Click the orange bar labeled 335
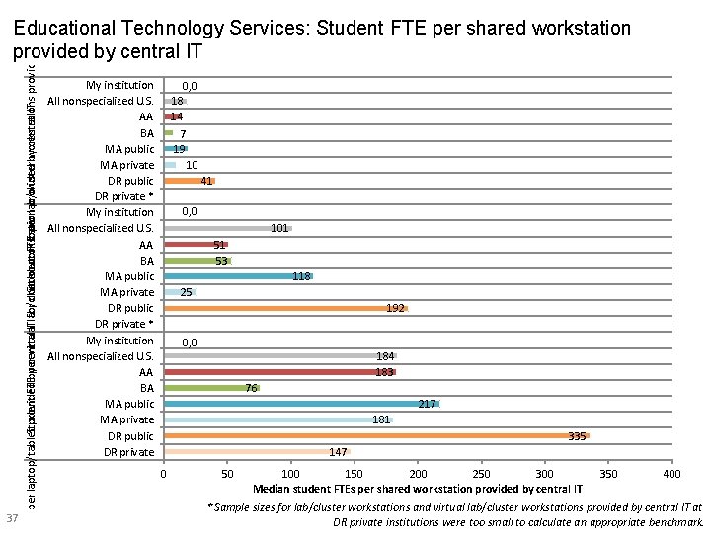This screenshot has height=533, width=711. [375, 435]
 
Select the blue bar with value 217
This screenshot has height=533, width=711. [301, 404]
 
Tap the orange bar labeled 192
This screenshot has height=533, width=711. [285, 308]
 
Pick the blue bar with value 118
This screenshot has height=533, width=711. [238, 276]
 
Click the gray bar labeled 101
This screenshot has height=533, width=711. [227, 228]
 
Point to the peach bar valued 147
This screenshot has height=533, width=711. [257, 452]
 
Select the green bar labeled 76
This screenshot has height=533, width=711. [211, 388]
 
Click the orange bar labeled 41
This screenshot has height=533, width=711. [189, 181]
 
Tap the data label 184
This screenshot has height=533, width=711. [386, 356]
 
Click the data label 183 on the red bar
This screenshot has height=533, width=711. [385, 372]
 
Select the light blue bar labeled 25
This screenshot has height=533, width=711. [179, 292]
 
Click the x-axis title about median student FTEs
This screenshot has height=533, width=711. [417, 489]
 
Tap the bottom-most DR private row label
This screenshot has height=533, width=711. [130, 452]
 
